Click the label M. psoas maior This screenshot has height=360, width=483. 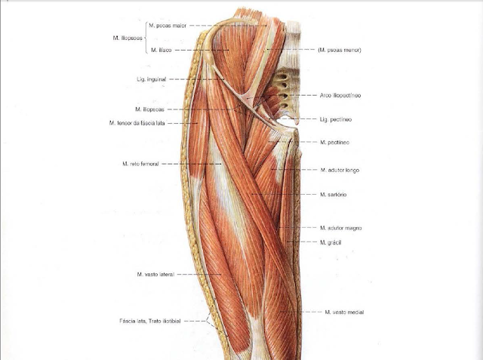tap(168, 24)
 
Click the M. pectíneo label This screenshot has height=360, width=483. tap(334, 142)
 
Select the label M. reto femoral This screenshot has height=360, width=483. tap(140, 163)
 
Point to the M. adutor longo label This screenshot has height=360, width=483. tap(340, 170)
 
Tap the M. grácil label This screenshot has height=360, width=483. tap(332, 242)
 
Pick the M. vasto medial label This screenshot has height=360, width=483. tap(343, 312)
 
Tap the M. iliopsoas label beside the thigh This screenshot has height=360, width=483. tap(149, 109)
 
